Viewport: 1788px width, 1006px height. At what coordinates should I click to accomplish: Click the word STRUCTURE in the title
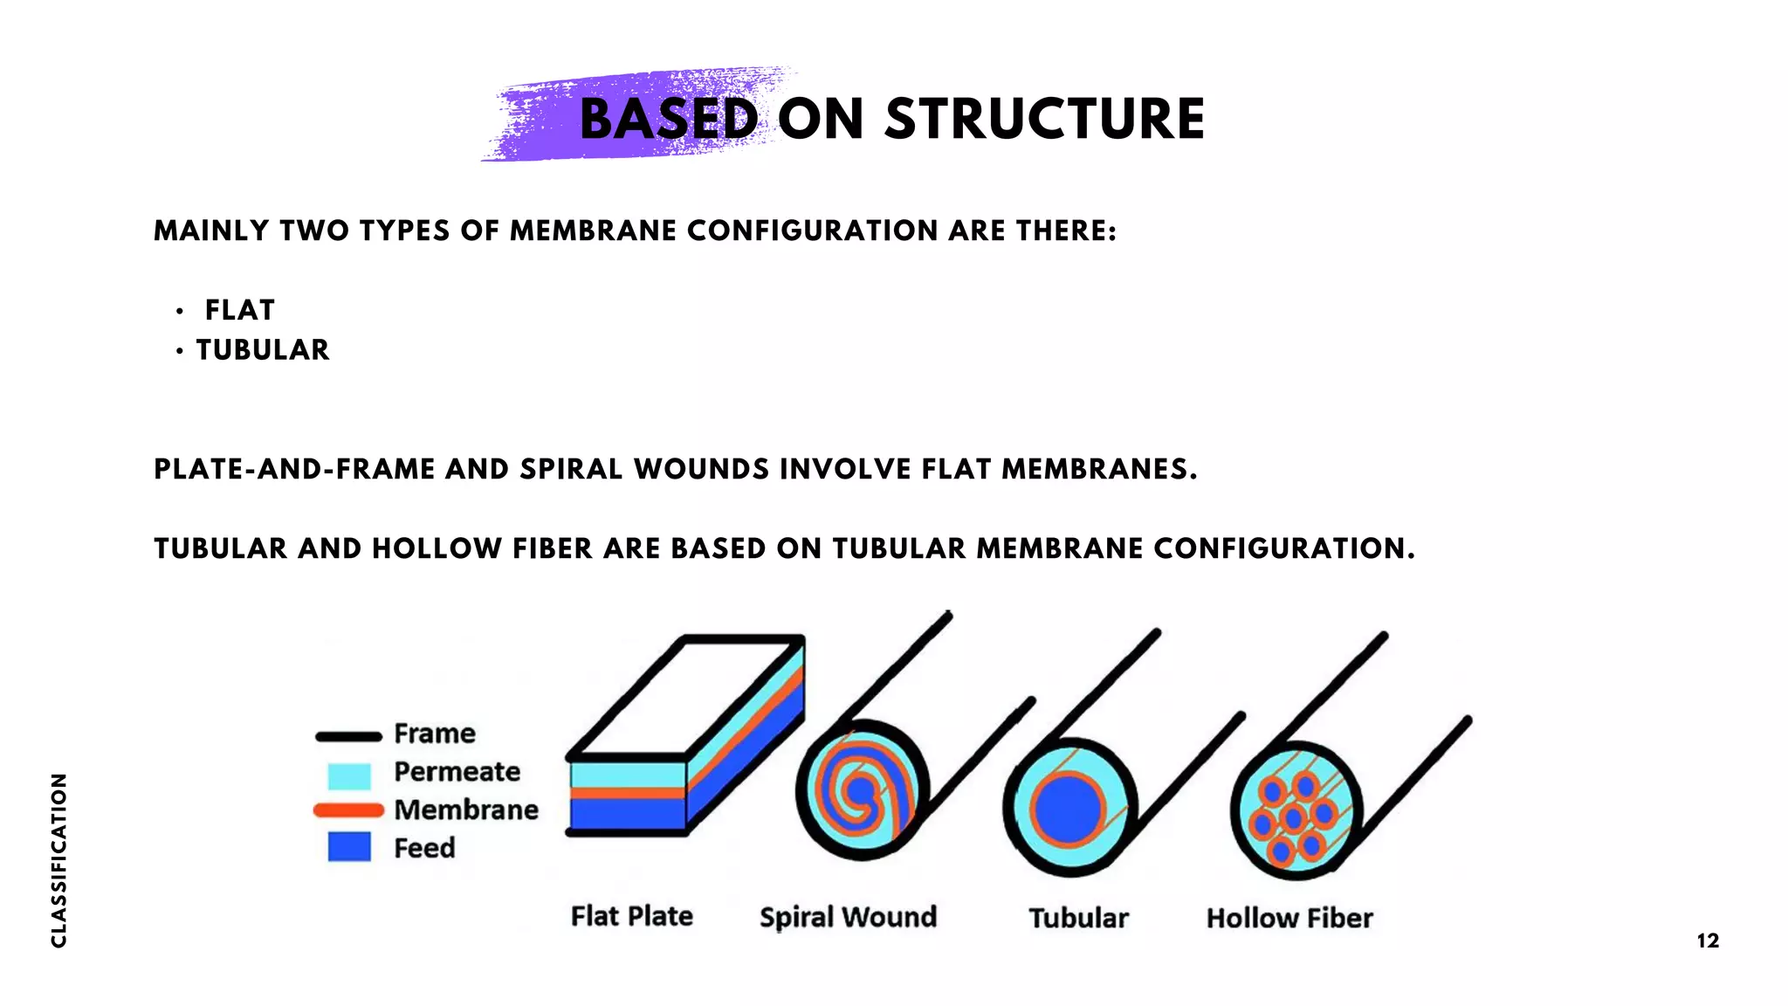(x=1044, y=119)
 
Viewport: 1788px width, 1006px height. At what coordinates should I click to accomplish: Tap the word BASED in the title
(x=669, y=119)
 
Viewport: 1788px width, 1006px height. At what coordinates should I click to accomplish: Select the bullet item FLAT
(x=239, y=310)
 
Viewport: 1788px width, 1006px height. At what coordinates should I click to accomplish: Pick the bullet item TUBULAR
(x=263, y=350)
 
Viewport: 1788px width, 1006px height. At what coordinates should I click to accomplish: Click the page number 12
(x=1708, y=941)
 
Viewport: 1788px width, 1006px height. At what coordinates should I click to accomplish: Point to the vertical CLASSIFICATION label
(x=58, y=859)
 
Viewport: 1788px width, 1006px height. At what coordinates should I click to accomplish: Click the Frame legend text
(x=435, y=734)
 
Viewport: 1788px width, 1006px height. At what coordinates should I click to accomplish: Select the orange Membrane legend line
(x=349, y=810)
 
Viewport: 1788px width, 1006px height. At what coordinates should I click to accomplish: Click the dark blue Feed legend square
(x=349, y=847)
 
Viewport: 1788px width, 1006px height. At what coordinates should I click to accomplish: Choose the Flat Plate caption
(x=631, y=916)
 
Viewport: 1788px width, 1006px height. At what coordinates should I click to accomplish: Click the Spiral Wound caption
(x=848, y=917)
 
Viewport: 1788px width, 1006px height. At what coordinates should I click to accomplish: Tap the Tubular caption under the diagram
(x=1078, y=918)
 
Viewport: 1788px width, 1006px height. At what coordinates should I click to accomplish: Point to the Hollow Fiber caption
(x=1289, y=918)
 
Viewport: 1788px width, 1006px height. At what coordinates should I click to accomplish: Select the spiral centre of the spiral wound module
(x=861, y=793)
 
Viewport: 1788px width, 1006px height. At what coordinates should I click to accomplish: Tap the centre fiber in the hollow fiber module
(x=1293, y=818)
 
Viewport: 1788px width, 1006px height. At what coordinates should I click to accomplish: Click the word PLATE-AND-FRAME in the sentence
(x=294, y=470)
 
